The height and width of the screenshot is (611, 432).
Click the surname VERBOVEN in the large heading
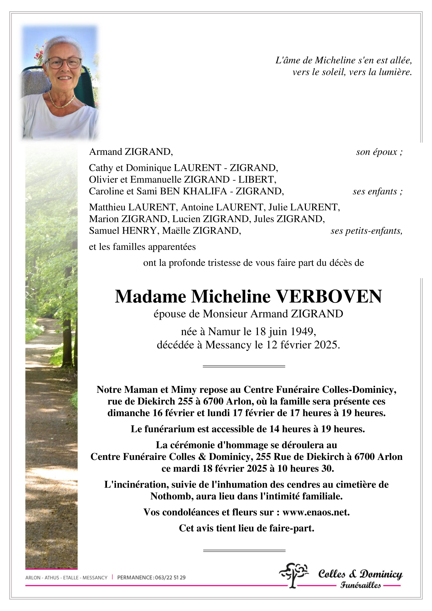pos(328,296)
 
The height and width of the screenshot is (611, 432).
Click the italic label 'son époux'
pos(379,152)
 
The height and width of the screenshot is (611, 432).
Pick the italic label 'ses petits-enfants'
pos(366,231)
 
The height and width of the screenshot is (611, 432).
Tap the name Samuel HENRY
pos(123,231)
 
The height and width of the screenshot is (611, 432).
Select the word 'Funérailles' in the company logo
pos(360,585)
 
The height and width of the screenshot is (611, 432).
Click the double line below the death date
pos(244,366)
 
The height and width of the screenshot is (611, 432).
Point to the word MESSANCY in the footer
pos(95,577)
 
